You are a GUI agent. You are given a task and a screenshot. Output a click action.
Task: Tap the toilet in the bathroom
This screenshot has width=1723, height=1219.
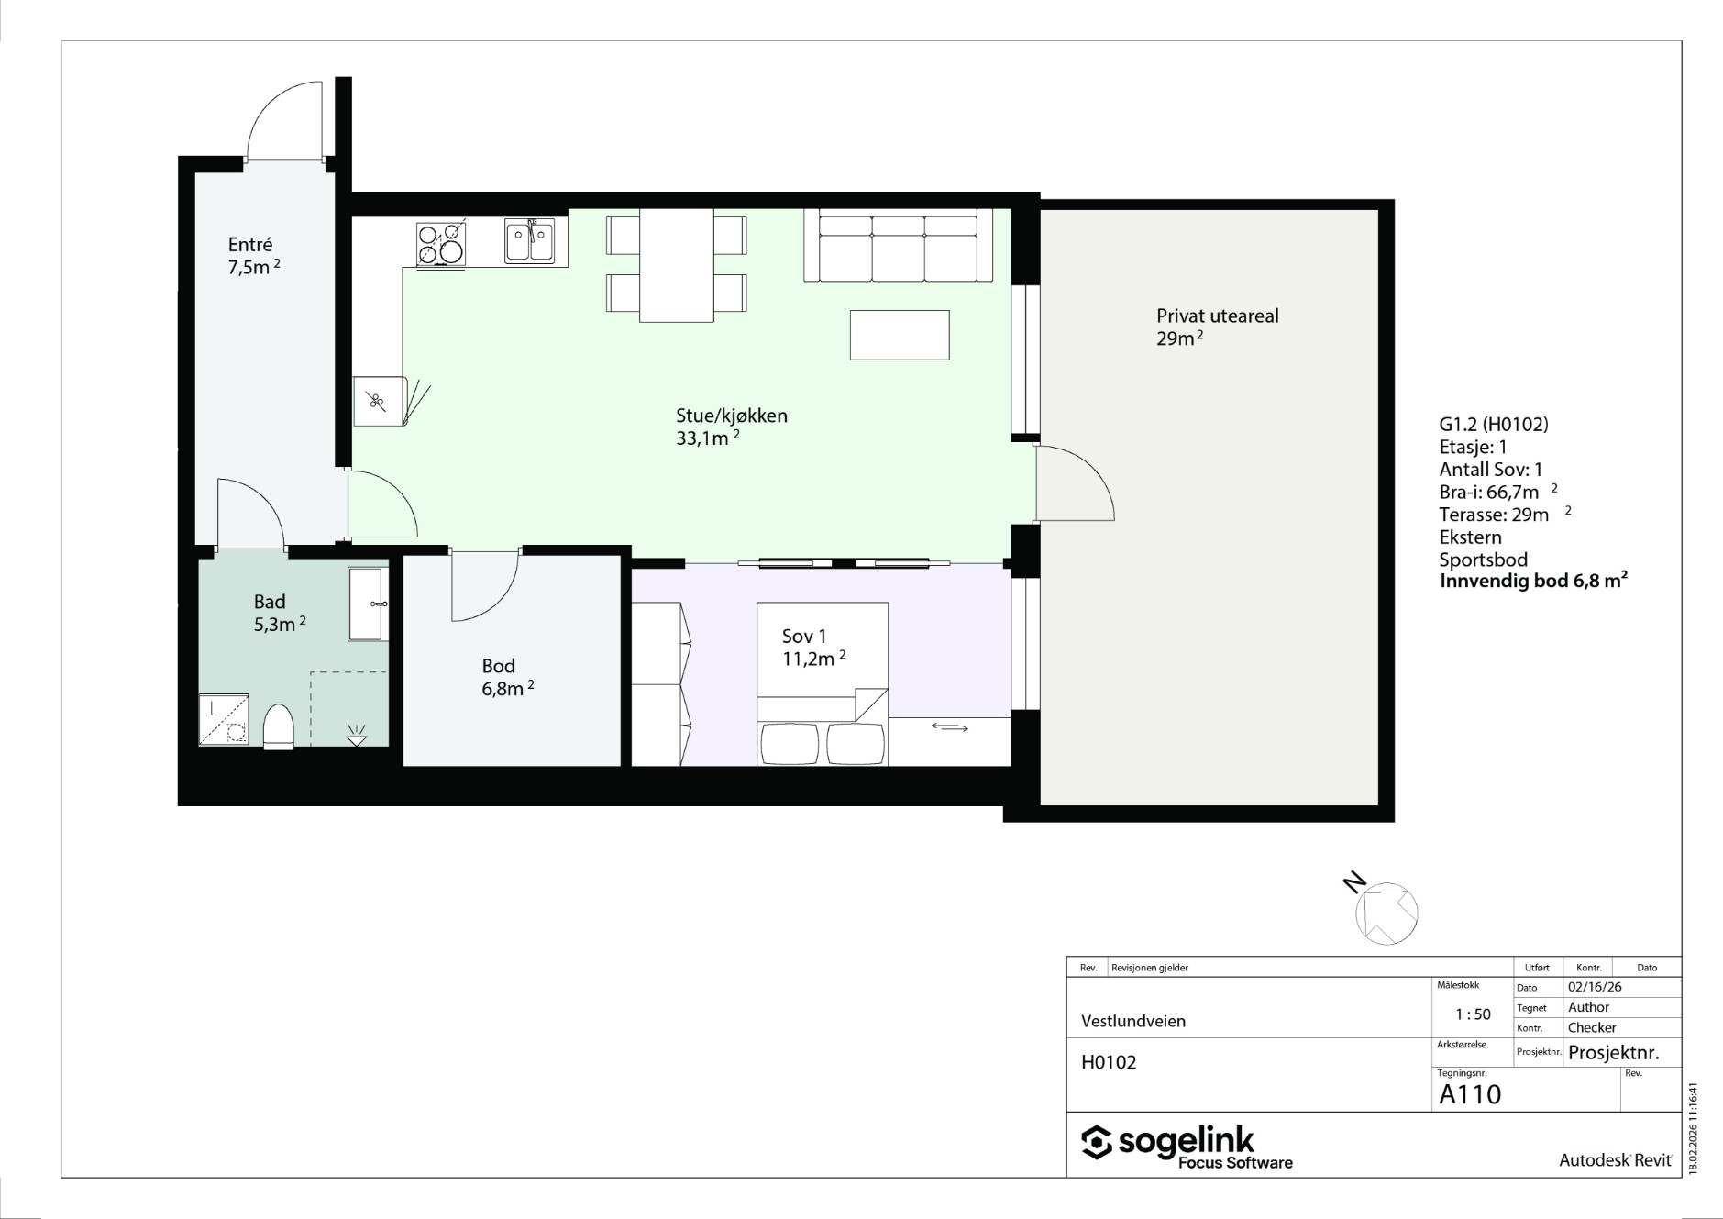point(278,727)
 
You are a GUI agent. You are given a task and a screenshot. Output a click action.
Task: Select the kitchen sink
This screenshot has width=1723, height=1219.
point(529,241)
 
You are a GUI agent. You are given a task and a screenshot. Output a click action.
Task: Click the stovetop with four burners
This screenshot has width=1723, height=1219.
point(441,244)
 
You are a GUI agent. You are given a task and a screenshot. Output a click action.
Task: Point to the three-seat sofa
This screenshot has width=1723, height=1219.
point(898,245)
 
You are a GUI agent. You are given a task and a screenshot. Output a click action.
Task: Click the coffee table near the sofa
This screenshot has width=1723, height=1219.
point(900,335)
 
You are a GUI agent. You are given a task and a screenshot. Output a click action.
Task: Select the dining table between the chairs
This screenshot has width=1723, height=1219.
point(677,266)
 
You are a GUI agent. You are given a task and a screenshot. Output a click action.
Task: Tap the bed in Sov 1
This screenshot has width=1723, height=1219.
point(823,683)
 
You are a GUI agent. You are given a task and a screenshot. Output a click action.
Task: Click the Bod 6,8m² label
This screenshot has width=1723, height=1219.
point(508,677)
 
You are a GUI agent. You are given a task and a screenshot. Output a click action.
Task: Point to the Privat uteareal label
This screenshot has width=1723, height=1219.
point(1218,327)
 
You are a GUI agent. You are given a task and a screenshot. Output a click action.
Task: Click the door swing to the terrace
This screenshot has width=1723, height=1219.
point(1075,482)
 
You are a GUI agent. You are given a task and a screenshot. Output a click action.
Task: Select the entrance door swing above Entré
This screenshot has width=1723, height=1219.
point(284,119)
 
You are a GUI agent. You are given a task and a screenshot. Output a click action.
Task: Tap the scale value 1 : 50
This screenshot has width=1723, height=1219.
point(1473,1014)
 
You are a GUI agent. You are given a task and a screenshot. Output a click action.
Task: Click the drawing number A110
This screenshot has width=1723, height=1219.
point(1470,1094)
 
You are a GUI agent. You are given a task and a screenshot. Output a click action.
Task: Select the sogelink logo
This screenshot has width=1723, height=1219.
point(1187,1147)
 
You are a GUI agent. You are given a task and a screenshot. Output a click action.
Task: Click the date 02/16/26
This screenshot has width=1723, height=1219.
point(1595,988)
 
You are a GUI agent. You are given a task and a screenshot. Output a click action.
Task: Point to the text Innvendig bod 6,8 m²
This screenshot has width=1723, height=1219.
point(1534,581)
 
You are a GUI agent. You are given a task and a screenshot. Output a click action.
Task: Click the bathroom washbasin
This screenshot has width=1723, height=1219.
point(369,604)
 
